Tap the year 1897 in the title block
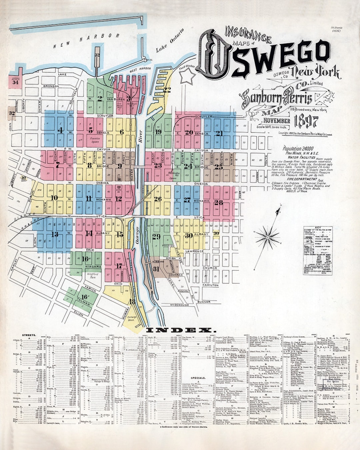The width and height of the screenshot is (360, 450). coord(306,122)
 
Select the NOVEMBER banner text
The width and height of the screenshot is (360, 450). coord(276,121)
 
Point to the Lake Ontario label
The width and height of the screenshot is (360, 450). coord(170,41)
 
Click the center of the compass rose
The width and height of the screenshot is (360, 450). coord(267,237)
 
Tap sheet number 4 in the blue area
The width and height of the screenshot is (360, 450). coord(60,130)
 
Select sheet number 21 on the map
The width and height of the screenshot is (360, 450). coord(219,133)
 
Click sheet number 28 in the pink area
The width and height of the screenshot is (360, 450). coord(219,202)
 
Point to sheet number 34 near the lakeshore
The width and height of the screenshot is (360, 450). coord(15,82)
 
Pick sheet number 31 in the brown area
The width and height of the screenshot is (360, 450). coord(156,269)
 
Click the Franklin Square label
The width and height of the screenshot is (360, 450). coord(94,140)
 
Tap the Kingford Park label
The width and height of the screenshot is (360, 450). coord(92,275)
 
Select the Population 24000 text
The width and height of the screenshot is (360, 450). coord(299,149)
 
